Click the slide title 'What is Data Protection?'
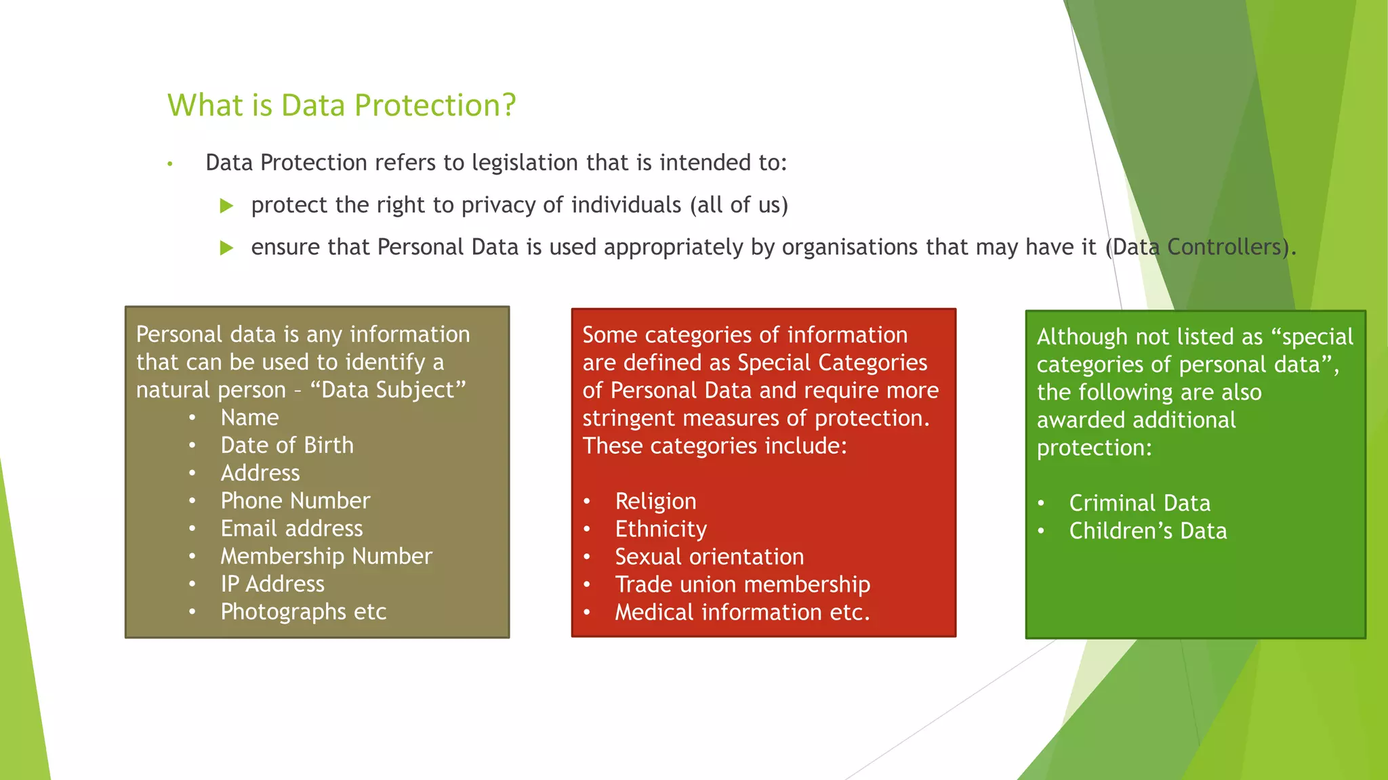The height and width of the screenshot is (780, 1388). pos(342,106)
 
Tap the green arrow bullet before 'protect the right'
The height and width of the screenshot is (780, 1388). pos(227,206)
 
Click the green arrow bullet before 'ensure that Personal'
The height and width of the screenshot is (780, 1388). pos(227,248)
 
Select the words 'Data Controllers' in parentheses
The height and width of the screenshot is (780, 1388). pos(1198,247)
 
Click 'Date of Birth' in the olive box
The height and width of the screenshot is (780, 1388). pos(287,446)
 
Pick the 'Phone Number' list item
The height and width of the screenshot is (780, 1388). pos(295,501)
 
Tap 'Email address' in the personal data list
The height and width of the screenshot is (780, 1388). pos(291,529)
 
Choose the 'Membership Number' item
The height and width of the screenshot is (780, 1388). pos(326,557)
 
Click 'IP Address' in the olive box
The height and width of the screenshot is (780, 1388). pos(272,584)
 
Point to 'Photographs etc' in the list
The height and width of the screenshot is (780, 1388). pos(303,612)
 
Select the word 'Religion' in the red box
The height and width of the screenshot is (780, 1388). pos(655,502)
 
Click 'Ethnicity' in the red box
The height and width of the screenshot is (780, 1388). pos(661,529)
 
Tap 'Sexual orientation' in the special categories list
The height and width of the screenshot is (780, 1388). pos(709,557)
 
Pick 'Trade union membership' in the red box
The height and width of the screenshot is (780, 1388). pos(742,585)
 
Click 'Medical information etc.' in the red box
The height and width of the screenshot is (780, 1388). pos(742,613)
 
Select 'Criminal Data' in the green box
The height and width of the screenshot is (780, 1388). pos(1139,504)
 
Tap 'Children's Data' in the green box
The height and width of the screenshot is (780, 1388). pos(1147,532)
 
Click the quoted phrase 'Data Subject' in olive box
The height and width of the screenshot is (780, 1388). pos(388,391)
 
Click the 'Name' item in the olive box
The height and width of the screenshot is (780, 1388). pos(249,418)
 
